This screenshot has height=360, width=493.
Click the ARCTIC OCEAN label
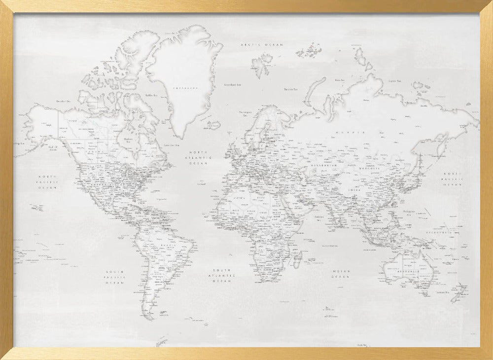click(262, 45)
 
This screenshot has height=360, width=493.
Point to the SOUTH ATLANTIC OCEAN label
click(222, 276)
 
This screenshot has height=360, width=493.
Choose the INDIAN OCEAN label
click(341, 274)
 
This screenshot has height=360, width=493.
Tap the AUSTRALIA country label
click(409, 272)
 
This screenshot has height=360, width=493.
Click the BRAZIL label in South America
click(168, 245)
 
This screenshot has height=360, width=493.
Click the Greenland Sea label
click(233, 85)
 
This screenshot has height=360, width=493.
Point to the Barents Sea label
click(290, 90)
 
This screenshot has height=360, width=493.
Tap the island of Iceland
click(214, 125)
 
